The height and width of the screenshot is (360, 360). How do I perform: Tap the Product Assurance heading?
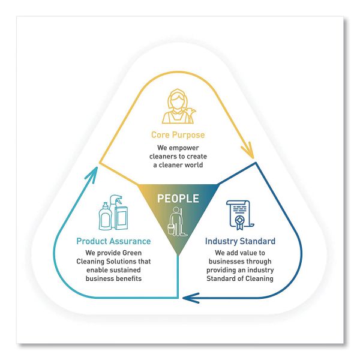click(113, 241)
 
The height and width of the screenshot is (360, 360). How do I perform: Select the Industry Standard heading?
click(241, 241)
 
